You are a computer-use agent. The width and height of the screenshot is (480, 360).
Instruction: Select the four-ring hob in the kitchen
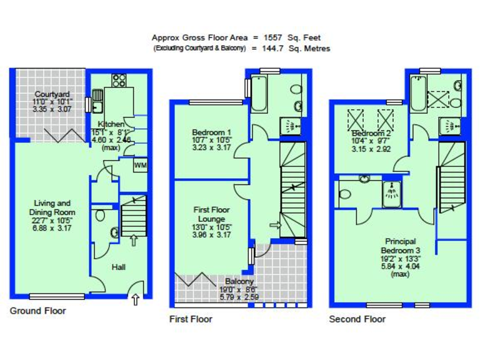pos(119,81)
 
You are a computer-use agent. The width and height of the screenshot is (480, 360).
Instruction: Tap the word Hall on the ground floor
pos(119,267)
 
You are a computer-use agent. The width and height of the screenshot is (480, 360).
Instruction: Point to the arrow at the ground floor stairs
pos(132,239)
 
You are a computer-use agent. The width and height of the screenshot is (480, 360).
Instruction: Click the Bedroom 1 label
pos(211,132)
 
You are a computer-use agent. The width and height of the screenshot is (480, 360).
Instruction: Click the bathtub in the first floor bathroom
pos(261,93)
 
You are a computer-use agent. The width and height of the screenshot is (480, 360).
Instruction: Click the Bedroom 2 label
pos(371,134)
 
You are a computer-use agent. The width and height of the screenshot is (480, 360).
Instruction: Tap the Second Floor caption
pos(357,319)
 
